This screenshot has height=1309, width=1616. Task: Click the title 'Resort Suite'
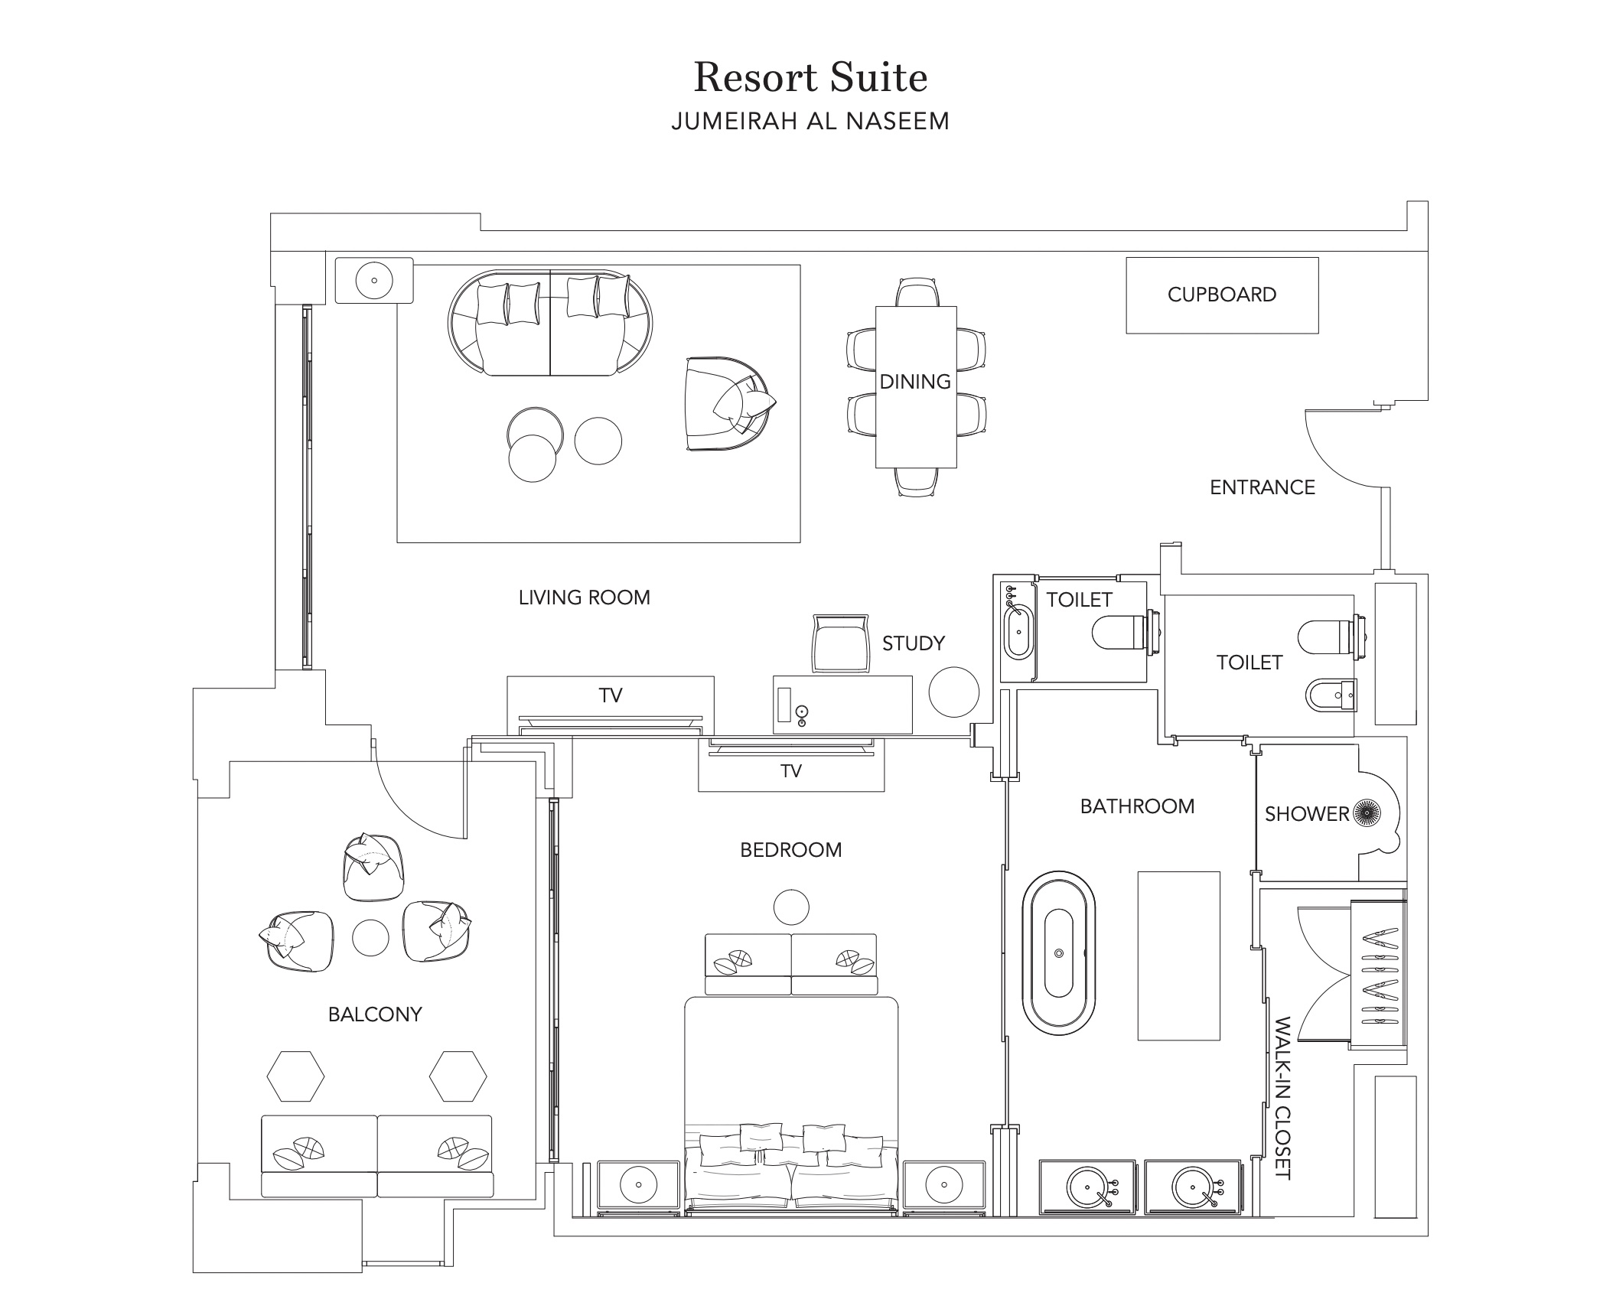[810, 77]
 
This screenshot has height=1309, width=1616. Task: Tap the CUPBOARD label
[1222, 295]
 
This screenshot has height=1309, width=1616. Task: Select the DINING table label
[915, 381]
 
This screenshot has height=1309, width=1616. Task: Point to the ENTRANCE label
[1262, 487]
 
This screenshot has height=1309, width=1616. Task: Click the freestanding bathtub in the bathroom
[1058, 952]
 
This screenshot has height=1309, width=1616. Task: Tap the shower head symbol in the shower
[1367, 812]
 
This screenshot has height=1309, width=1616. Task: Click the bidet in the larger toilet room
[1331, 695]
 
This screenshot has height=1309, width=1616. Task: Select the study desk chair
[840, 643]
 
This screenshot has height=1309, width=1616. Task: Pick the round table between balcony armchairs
[370, 937]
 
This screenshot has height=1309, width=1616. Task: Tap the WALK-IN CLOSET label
[1283, 1098]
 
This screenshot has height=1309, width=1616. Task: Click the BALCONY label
[375, 1014]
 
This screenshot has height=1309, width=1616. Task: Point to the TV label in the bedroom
[791, 771]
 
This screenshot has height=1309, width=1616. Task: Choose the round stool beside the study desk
[954, 692]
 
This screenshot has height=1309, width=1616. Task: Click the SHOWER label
[1307, 814]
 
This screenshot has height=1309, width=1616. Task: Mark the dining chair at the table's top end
[917, 292]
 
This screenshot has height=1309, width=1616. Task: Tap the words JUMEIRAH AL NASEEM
[810, 121]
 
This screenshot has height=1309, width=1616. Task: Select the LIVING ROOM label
[585, 598]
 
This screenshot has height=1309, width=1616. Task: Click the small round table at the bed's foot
[791, 907]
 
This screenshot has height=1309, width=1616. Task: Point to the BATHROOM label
[1138, 806]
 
